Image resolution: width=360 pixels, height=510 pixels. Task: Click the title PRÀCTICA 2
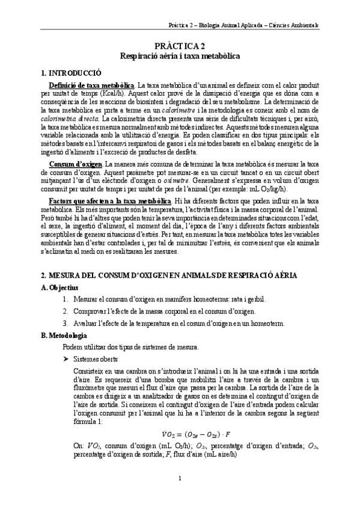coord(180,46)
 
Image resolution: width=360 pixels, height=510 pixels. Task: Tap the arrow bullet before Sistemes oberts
coord(67,359)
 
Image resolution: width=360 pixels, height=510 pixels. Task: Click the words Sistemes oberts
coord(93,359)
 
